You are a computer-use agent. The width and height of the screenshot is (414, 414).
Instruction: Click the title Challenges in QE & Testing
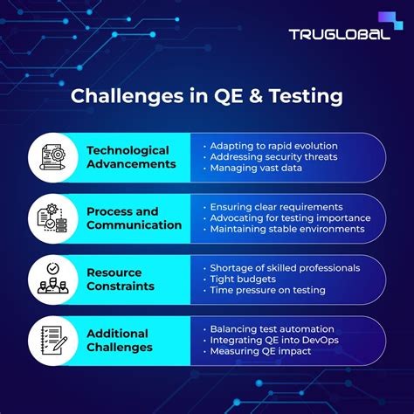click(207, 95)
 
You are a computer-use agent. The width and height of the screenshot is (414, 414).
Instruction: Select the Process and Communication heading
click(135, 218)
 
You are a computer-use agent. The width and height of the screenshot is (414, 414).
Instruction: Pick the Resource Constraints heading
click(121, 279)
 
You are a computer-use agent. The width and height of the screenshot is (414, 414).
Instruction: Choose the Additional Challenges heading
click(120, 340)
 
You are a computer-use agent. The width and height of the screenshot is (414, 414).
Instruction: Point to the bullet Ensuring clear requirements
click(276, 206)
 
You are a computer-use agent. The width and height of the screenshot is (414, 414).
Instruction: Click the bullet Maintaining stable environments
click(286, 229)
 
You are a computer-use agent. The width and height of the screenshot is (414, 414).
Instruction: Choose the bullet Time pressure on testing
click(267, 290)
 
